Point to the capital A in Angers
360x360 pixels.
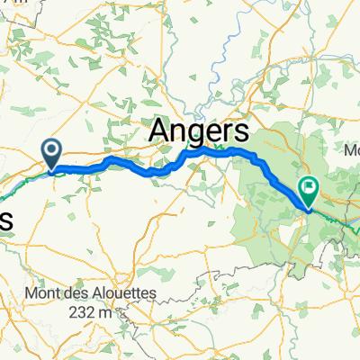coord(157,130)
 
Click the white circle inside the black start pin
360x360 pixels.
coord(52,149)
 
